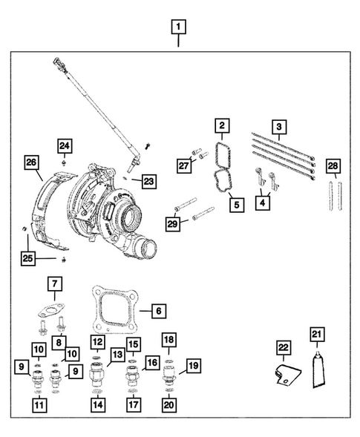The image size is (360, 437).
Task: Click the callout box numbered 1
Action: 178,30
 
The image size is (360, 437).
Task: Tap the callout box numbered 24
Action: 65,146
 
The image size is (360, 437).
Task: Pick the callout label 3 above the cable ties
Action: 278,128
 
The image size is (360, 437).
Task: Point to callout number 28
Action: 333,165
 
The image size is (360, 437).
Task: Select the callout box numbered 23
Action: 151,180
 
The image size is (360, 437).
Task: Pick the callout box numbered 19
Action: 192,365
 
